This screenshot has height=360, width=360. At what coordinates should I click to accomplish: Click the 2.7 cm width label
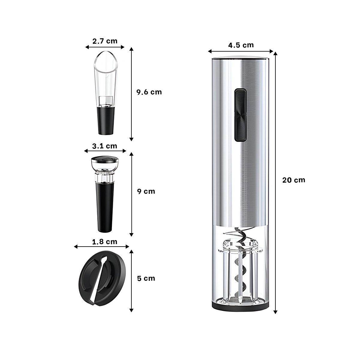105,41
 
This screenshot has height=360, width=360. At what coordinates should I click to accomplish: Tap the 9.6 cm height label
149,92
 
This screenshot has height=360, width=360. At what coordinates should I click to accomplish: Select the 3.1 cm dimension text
105,146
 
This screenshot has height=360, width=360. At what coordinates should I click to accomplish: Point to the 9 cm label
146,191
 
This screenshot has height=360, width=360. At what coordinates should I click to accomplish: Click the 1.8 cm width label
105,242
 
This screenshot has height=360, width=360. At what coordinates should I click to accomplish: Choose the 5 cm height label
146,278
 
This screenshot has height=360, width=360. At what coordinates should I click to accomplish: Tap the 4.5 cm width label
241,45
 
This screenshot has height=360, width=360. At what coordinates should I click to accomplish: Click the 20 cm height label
293,180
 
